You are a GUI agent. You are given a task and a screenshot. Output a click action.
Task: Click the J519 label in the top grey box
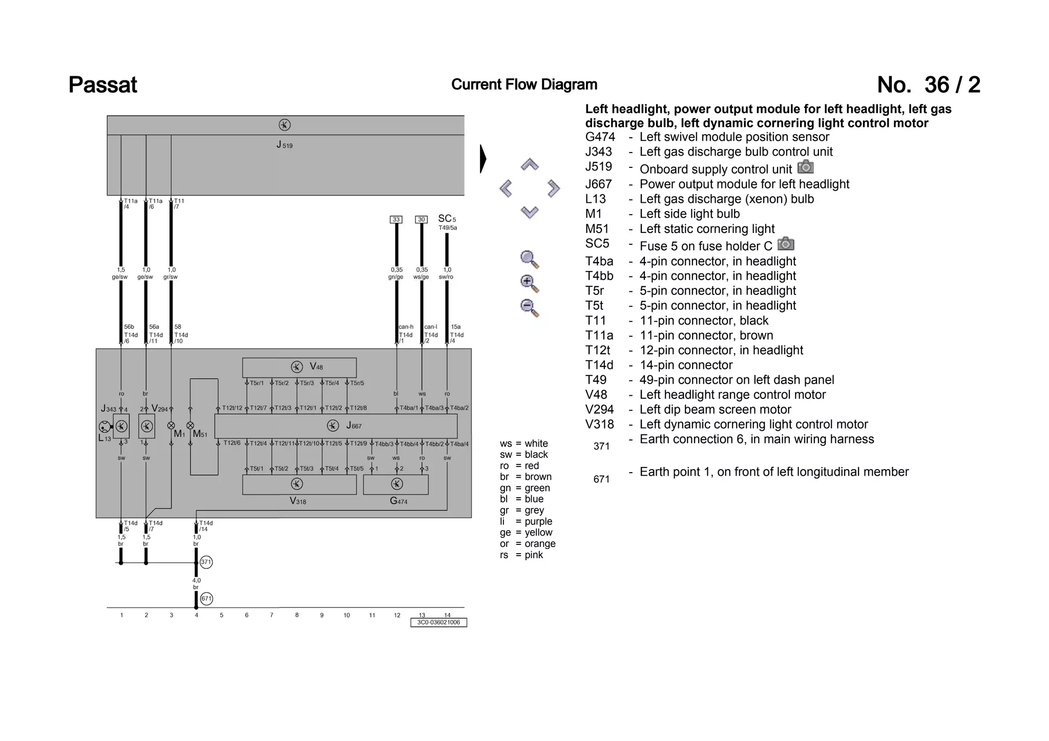(x=284, y=145)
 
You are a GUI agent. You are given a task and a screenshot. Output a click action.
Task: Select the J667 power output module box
(x=335, y=426)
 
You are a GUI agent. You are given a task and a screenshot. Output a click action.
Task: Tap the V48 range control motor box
(x=299, y=367)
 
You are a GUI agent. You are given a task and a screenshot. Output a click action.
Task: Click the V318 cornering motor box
(x=299, y=484)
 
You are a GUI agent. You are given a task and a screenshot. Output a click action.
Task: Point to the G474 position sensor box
(x=396, y=484)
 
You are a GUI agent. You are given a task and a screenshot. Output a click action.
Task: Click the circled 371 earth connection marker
(x=206, y=562)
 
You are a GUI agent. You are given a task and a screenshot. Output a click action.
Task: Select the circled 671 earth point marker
(x=206, y=598)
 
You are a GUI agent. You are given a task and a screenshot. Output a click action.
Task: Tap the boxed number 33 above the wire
(x=396, y=219)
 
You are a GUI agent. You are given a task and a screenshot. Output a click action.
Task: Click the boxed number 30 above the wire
(x=421, y=219)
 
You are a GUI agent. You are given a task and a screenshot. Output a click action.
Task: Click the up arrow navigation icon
(x=529, y=164)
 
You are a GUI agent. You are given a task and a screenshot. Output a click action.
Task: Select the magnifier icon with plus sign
(x=529, y=283)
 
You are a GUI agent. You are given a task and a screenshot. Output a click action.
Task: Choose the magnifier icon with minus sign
(x=529, y=307)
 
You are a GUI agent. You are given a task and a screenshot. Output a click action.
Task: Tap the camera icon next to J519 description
(x=806, y=167)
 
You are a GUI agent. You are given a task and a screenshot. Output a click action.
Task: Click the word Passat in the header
(x=102, y=85)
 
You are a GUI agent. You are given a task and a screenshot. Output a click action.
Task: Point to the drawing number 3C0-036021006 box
(x=438, y=623)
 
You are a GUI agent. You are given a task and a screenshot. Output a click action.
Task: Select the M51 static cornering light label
(x=200, y=434)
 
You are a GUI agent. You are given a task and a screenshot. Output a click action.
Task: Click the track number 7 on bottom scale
(x=271, y=615)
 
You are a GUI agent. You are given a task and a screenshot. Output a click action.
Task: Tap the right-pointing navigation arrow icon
(x=553, y=188)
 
